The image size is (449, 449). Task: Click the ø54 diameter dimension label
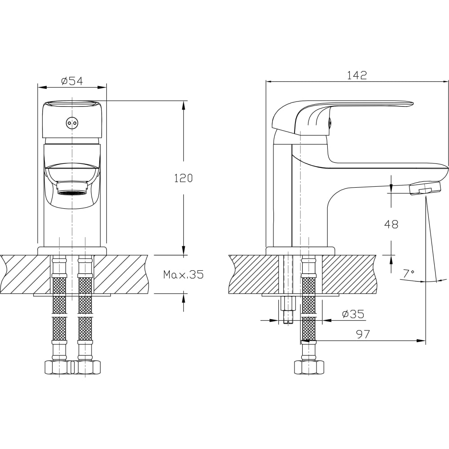[72, 81]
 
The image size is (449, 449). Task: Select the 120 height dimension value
[184, 178]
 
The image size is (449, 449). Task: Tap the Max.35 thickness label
[183, 275]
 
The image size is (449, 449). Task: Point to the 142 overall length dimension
[357, 75]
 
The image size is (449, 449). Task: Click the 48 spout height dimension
[391, 224]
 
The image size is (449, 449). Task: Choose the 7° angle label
[408, 273]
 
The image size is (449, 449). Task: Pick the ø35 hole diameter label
[353, 314]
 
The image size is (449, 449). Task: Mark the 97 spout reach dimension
[363, 334]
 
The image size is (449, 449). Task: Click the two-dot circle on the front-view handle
[71, 123]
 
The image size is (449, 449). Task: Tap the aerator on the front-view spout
[71, 189]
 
